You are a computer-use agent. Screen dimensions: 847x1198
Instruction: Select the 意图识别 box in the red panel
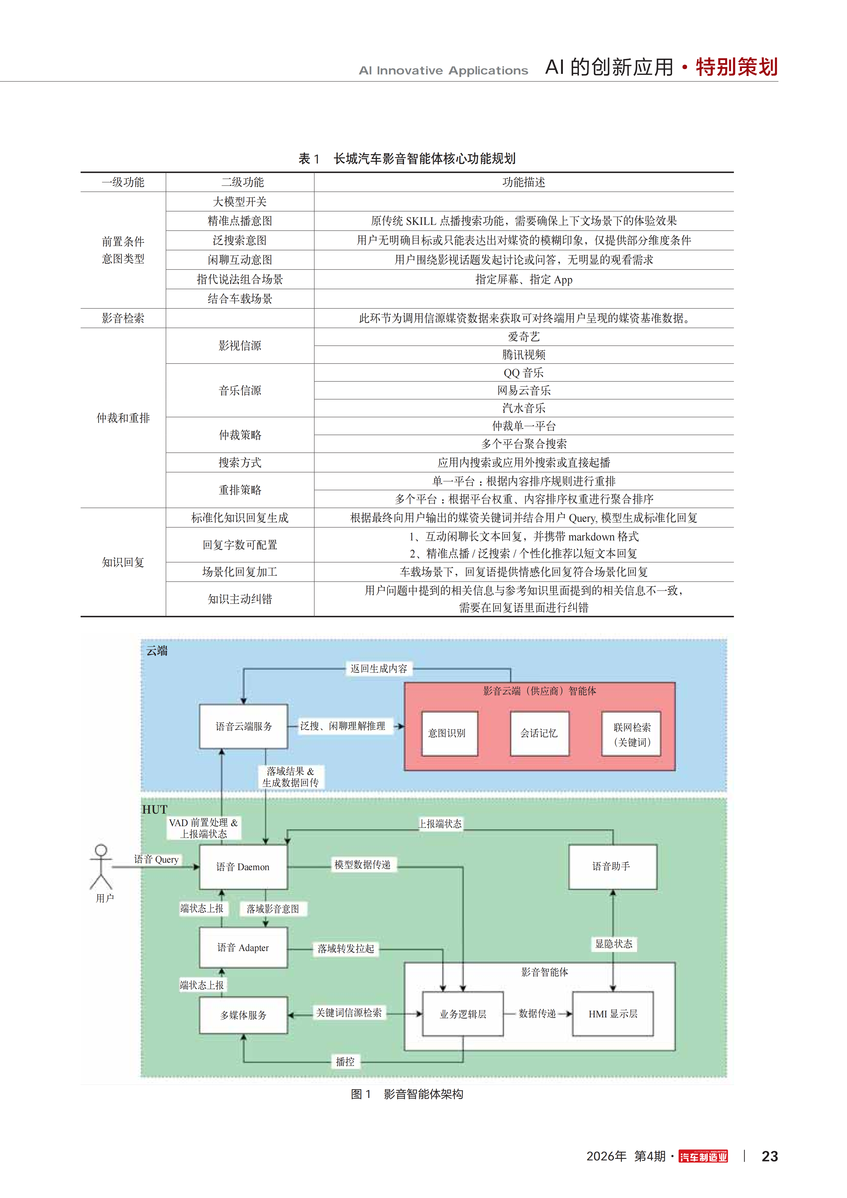pyautogui.click(x=449, y=733)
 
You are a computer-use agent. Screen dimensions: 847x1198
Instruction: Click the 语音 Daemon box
pyautogui.click(x=243, y=867)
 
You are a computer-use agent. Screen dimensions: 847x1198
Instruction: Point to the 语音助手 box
pyautogui.click(x=613, y=867)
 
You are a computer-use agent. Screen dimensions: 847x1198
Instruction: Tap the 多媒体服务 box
pyautogui.click(x=243, y=1015)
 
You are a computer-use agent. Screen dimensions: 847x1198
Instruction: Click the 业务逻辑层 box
pyautogui.click(x=463, y=1014)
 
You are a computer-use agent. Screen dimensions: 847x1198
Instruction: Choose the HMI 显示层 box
pyautogui.click(x=613, y=1014)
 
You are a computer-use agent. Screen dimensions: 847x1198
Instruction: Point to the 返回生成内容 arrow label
pyautogui.click(x=379, y=668)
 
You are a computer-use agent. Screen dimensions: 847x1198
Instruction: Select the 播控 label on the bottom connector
pyautogui.click(x=345, y=1061)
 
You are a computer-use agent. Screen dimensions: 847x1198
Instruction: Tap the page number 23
pyautogui.click(x=769, y=1156)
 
